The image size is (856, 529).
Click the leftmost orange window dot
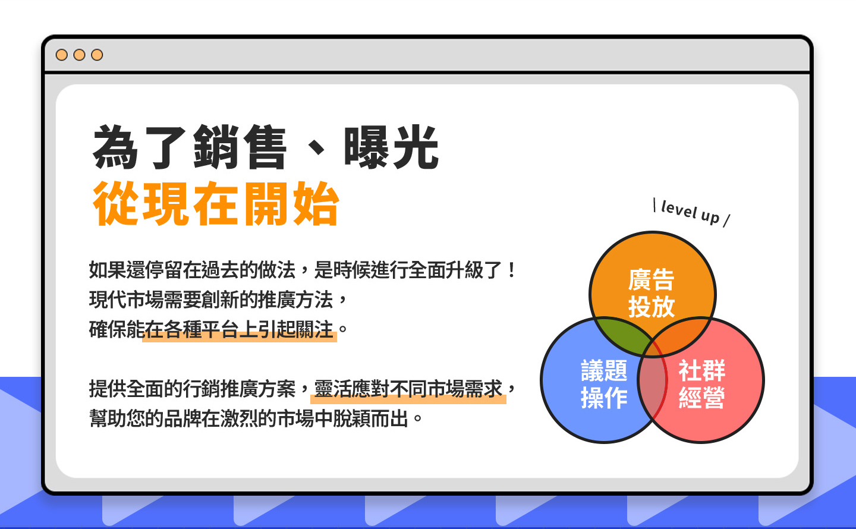pyautogui.click(x=62, y=55)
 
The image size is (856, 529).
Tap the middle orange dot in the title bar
pyautogui.click(x=79, y=55)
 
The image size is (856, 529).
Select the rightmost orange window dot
pyautogui.click(x=97, y=55)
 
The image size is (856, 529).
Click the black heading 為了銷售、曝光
pyautogui.click(x=266, y=147)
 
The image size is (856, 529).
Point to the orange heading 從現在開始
pyautogui.click(x=216, y=203)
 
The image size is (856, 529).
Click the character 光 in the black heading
pyautogui.click(x=416, y=147)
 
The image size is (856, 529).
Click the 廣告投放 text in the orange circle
pyautogui.click(x=652, y=293)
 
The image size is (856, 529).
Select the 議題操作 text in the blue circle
pyautogui.click(x=604, y=384)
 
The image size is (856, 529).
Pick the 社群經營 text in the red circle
pyautogui.click(x=701, y=384)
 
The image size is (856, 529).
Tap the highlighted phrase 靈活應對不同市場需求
pyautogui.click(x=408, y=389)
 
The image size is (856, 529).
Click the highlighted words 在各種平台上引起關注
pyautogui.click(x=239, y=329)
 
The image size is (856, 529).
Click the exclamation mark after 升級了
pyautogui.click(x=512, y=270)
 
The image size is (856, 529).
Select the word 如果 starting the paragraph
pyautogui.click(x=108, y=270)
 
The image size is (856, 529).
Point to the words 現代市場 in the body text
pyautogui.click(x=126, y=300)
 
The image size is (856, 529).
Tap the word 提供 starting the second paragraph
pyautogui.click(x=108, y=389)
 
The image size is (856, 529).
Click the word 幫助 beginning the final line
pyautogui.click(x=108, y=418)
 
